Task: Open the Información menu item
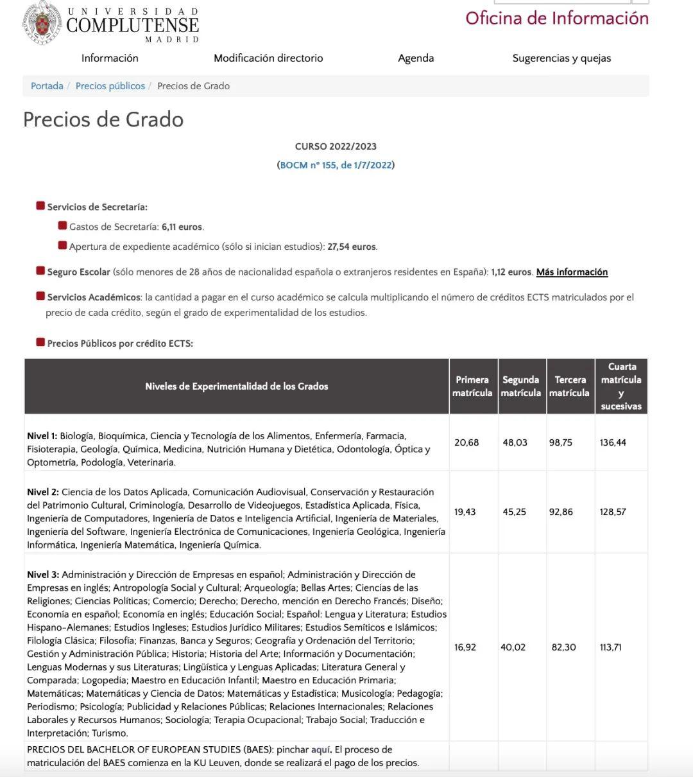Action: click(x=110, y=58)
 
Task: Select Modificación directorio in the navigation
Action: click(x=268, y=58)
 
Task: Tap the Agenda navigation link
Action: click(x=416, y=58)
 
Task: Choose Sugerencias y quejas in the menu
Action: click(x=561, y=58)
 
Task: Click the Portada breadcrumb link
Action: click(x=47, y=86)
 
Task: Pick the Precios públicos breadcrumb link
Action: click(x=110, y=86)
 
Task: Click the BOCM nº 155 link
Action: click(x=336, y=165)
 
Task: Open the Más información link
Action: click(x=572, y=272)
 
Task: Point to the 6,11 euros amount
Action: click(x=182, y=227)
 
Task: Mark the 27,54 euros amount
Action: click(x=352, y=247)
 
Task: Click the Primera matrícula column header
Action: click(x=472, y=386)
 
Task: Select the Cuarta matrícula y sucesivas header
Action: click(x=621, y=386)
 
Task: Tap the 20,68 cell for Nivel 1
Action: click(x=466, y=442)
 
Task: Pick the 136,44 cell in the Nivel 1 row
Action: click(x=613, y=442)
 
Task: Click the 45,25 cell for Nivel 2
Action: click(x=514, y=512)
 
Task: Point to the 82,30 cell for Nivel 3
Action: click(x=563, y=647)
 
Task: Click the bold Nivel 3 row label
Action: click(x=42, y=575)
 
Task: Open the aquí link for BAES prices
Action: click(x=321, y=749)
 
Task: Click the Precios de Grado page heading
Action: click(x=103, y=119)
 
